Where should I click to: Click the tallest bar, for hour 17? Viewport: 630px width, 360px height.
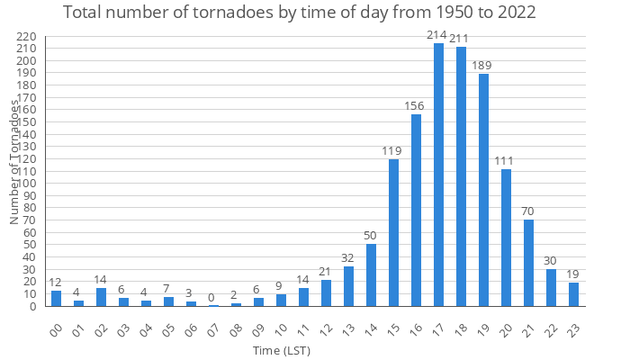click(x=438, y=175)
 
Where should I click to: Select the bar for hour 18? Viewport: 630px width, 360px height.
click(x=461, y=176)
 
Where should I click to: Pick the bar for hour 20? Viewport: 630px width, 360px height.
click(x=506, y=238)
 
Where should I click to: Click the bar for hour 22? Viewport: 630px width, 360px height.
click(x=551, y=287)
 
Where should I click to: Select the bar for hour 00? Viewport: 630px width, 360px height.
click(x=56, y=298)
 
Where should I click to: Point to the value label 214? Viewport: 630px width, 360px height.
click(x=438, y=34)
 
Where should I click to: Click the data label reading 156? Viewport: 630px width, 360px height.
click(x=416, y=105)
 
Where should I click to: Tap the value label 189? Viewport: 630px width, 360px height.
click(x=483, y=65)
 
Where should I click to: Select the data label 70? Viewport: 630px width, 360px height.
click(x=528, y=211)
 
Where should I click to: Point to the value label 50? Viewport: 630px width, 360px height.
click(x=371, y=235)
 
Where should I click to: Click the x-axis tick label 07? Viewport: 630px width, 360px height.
click(x=211, y=329)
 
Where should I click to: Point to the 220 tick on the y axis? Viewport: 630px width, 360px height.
click(x=26, y=37)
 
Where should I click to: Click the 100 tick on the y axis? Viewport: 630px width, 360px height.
click(x=26, y=184)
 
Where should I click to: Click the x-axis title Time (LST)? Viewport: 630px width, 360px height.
click(x=281, y=350)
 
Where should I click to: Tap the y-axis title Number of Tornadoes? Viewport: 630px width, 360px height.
click(x=15, y=162)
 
